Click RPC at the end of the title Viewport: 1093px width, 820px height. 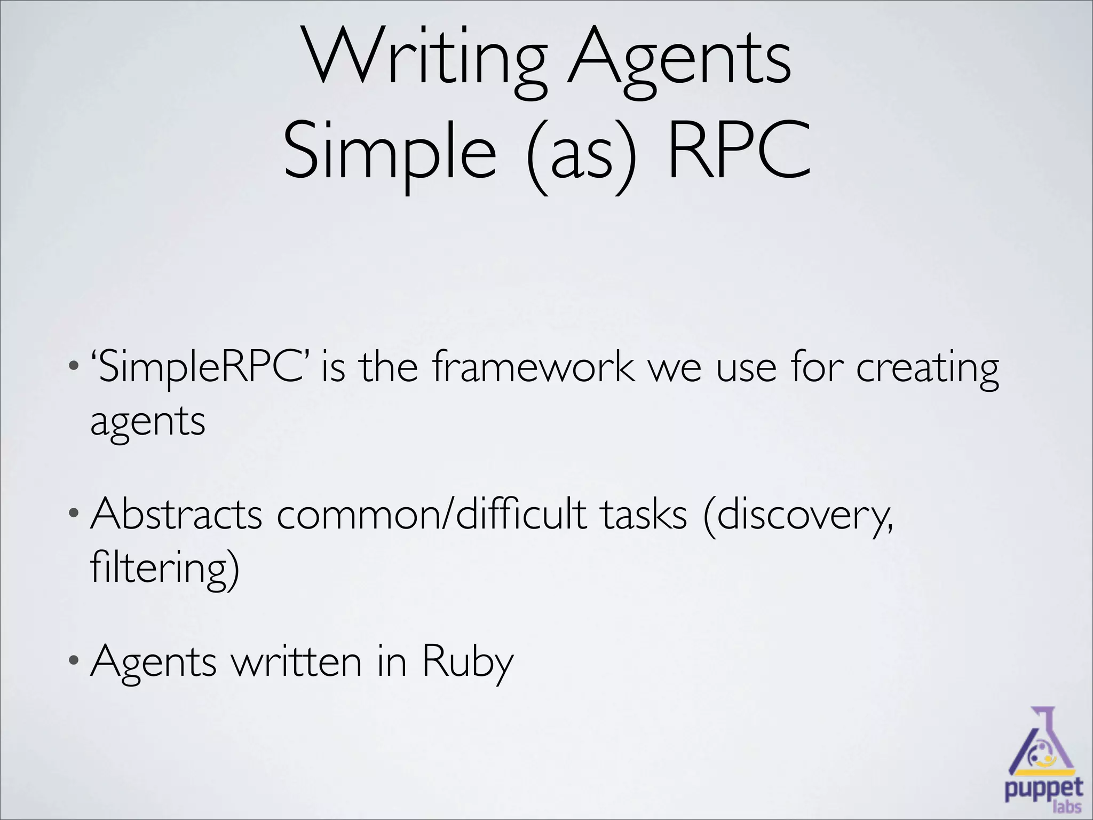(x=739, y=149)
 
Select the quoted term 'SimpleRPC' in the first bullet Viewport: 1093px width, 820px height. (x=203, y=368)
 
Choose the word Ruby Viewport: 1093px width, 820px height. (x=468, y=663)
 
